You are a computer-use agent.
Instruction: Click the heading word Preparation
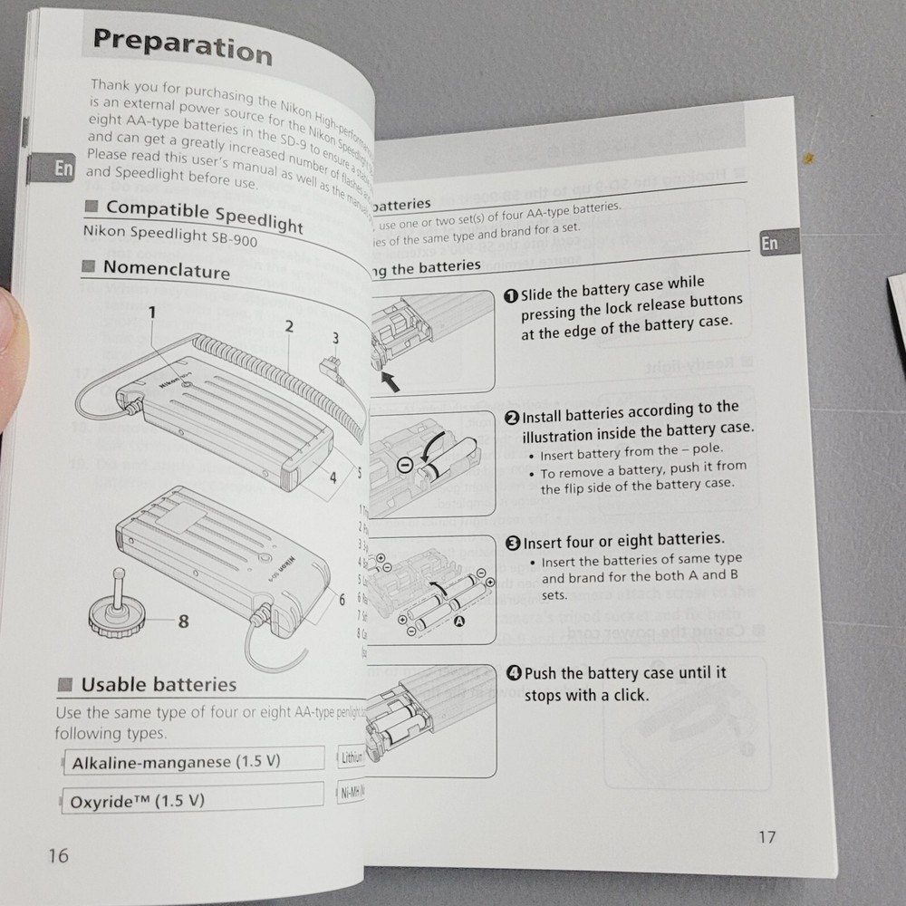click(x=182, y=45)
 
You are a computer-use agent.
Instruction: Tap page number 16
click(x=58, y=855)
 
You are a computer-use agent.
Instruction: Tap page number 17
click(x=766, y=836)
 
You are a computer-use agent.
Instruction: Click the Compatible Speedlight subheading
click(x=204, y=216)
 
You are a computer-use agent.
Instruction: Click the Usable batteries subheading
click(x=159, y=685)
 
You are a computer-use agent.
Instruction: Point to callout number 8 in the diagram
click(x=183, y=622)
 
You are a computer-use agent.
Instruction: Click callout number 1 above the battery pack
click(x=152, y=313)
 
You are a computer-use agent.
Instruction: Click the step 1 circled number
click(x=511, y=295)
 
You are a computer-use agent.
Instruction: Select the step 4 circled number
click(x=514, y=673)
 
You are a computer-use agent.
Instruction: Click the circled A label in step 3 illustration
click(x=458, y=621)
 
